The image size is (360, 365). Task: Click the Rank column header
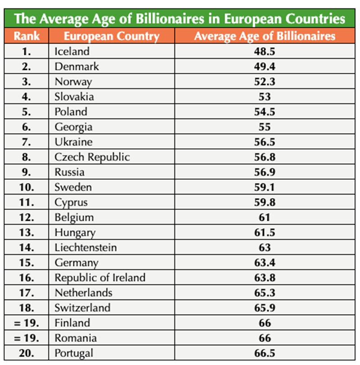26,36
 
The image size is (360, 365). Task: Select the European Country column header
111,36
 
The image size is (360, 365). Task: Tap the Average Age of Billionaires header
265,36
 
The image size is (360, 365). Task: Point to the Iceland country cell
72,51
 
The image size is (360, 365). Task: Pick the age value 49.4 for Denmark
265,67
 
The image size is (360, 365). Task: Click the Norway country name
73,82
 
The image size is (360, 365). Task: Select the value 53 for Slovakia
265,97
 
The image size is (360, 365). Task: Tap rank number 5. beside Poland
26,111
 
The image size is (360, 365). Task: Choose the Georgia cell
73,127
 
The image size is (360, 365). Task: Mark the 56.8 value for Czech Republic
265,157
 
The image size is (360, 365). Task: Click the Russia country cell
69,172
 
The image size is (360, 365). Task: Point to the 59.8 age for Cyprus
265,202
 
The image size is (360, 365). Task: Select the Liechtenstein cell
85,247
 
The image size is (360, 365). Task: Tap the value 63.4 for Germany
265,263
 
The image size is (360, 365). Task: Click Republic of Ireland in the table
100,278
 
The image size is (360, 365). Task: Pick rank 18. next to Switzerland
26,308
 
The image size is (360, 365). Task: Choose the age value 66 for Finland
265,323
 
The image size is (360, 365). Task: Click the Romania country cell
76,338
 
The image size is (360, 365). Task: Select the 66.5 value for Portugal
265,353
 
